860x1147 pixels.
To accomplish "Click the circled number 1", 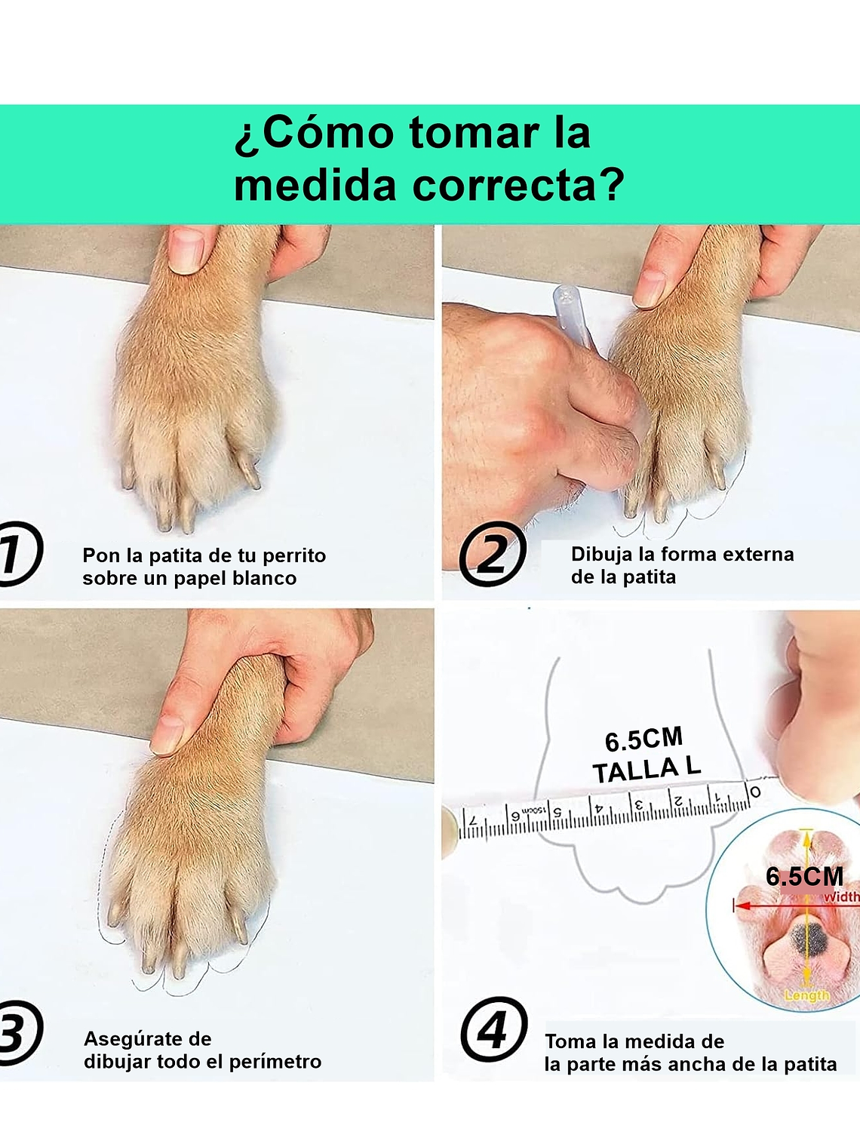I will click(x=17, y=553).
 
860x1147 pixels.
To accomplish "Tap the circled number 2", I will click(x=492, y=555).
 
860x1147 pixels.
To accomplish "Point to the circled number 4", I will click(x=493, y=1030).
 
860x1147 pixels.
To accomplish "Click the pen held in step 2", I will click(x=572, y=314).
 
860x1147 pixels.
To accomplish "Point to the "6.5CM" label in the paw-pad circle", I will click(x=804, y=876).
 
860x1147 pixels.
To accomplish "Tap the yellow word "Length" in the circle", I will click(x=806, y=995).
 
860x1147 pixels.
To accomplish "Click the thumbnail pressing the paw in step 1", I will click(x=186, y=250).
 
